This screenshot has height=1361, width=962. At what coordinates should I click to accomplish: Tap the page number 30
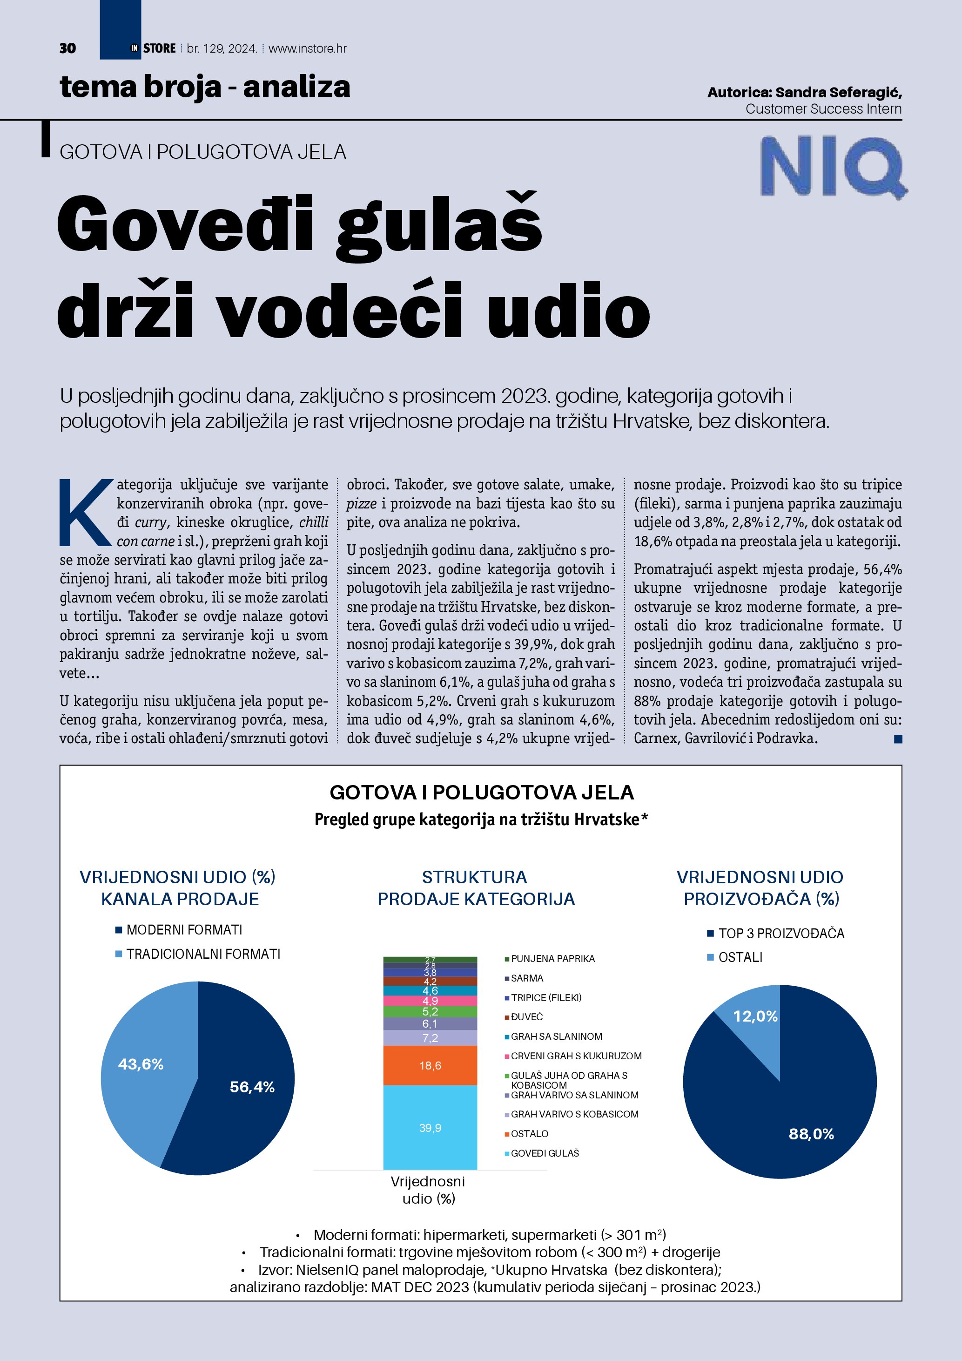67,48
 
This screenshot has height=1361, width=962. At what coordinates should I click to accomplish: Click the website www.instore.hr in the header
308,48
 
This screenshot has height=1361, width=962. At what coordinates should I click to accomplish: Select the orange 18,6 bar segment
430,1065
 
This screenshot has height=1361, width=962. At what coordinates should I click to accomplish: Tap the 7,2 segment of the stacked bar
430,1038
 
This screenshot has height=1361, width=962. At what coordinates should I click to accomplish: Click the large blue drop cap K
85,513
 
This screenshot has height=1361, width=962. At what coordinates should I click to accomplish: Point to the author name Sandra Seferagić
838,93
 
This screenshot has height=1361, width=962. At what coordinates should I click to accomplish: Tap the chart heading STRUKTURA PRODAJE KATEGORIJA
476,888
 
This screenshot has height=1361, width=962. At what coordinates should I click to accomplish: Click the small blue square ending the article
898,738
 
